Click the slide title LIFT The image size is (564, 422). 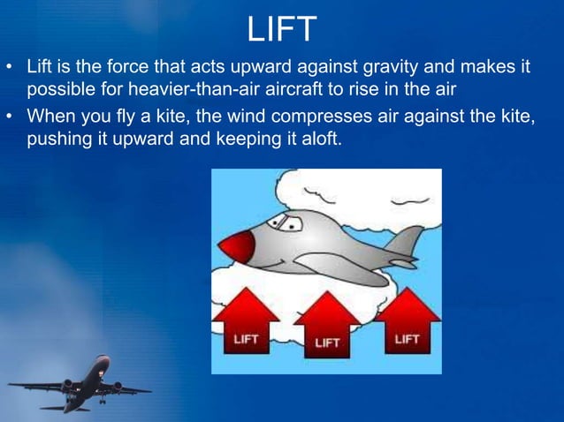click(281, 28)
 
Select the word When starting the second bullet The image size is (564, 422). click(51, 117)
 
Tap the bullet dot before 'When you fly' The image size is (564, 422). click(11, 117)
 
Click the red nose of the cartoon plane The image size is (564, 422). click(236, 246)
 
